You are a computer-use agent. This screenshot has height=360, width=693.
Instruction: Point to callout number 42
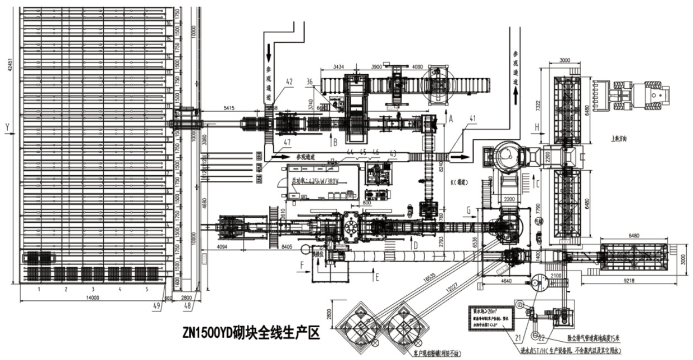289,81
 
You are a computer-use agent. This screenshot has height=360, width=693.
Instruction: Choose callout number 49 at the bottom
157,305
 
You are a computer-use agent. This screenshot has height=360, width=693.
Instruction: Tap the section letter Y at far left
7,127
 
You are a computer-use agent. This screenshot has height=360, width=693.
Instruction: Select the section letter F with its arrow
302,263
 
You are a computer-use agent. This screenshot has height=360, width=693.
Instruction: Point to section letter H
536,127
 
